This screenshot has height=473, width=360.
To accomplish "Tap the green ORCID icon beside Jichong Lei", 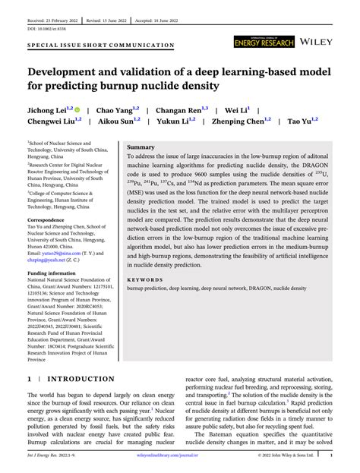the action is pos(79,110).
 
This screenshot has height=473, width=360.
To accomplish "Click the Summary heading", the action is pos(141,147).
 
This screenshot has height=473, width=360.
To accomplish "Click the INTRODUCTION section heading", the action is pos(81,378).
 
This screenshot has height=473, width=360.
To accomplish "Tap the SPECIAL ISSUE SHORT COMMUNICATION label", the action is pos(100,46).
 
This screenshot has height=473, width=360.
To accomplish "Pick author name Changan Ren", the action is pos(179,110).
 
